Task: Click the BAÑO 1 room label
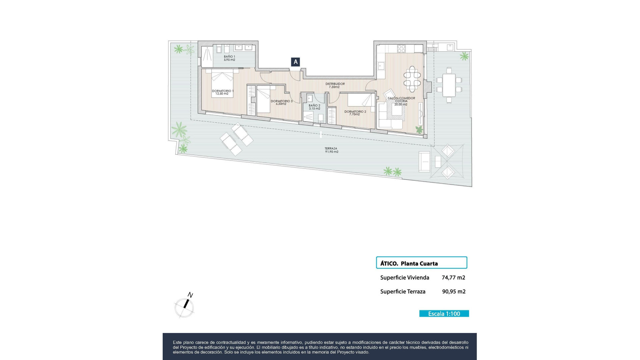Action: coord(229,58)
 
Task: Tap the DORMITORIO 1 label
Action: coord(222,92)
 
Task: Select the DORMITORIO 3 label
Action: coord(281,102)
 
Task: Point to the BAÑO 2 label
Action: coord(314,107)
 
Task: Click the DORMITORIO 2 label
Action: coord(355,113)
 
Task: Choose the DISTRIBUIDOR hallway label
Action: coord(335,85)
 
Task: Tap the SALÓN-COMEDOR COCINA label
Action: coord(401,101)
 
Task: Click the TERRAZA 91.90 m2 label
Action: coord(331,150)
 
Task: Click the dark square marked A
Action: coord(295,62)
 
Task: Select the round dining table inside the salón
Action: coord(412,79)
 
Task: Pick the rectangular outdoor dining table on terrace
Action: coord(449,85)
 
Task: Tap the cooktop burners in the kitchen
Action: coord(401,49)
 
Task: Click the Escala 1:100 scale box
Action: coord(444,314)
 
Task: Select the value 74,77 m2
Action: coord(453,278)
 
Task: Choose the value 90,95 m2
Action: coord(454,292)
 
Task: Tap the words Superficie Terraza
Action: coord(403,292)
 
